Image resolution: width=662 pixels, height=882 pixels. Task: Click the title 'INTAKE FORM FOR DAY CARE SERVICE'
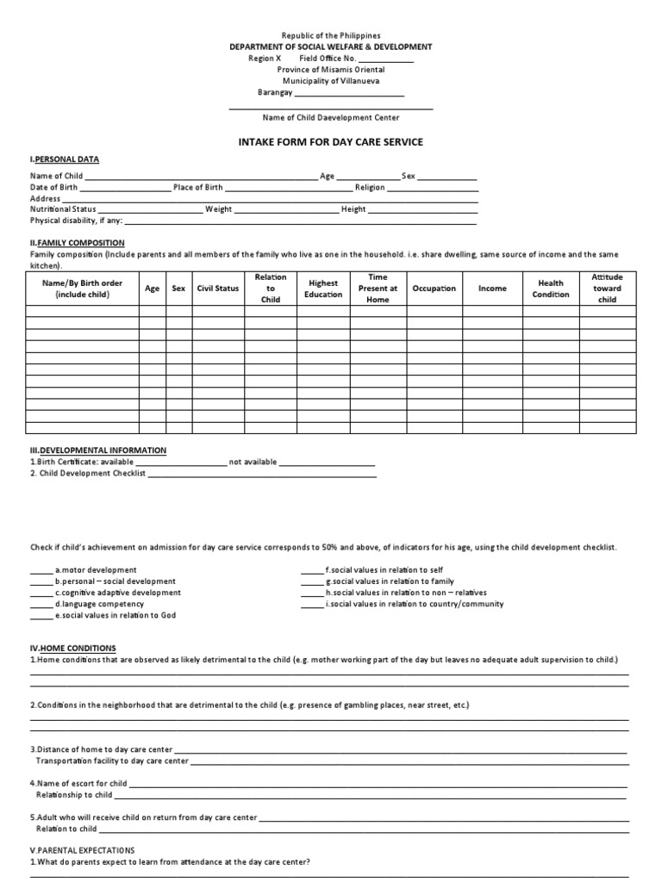[x=331, y=142]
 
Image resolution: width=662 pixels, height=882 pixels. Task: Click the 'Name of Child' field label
[x=57, y=176]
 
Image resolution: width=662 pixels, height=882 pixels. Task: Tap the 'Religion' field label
[x=370, y=187]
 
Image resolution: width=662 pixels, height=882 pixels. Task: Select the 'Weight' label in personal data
[x=218, y=209]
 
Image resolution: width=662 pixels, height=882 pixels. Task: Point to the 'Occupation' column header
[x=434, y=289]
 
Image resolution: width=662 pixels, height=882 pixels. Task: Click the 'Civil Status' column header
[x=217, y=289]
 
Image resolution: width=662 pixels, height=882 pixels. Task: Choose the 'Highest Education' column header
[x=323, y=289]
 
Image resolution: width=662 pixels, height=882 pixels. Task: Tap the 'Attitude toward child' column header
[x=607, y=289]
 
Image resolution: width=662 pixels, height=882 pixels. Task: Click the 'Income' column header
[x=492, y=289]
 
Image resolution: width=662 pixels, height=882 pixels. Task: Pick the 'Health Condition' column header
[x=551, y=289]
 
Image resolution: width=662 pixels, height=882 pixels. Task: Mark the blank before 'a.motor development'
[x=41, y=570]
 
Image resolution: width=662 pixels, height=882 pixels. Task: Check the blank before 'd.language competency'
[x=41, y=604]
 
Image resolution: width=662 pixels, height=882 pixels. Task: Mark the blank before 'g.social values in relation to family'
[x=312, y=581]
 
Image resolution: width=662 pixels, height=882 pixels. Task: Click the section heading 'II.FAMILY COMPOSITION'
[x=78, y=243]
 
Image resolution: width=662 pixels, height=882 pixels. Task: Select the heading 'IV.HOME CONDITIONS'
[x=73, y=648]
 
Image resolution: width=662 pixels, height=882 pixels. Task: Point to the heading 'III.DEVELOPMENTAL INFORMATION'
[x=98, y=450]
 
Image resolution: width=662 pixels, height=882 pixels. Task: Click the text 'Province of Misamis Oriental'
[x=331, y=70]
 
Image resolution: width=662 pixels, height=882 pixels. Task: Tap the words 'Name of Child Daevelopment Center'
[x=331, y=117]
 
